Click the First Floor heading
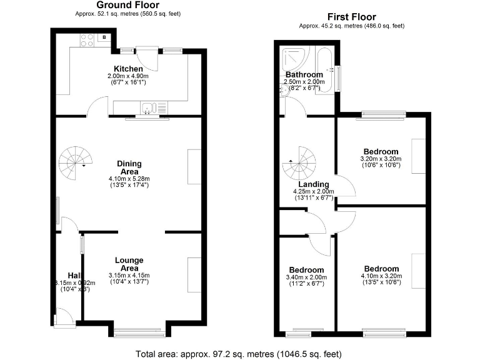(352, 17)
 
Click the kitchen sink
(147, 109)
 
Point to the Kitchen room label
(128, 69)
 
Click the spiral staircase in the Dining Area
(75, 161)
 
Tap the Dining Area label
(129, 167)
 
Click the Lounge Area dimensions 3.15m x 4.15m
(129, 275)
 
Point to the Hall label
(74, 275)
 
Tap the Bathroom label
(304, 74)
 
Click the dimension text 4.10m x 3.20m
(381, 276)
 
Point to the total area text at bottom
(239, 354)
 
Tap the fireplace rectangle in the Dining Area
(194, 167)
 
